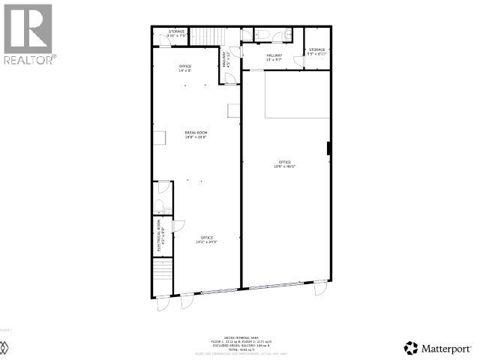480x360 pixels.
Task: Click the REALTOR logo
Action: pyautogui.click(x=28, y=33)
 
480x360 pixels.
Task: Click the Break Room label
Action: pyautogui.click(x=196, y=134)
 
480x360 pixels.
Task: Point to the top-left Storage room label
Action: pyautogui.click(x=176, y=33)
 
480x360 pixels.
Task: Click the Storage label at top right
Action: pyautogui.click(x=317, y=52)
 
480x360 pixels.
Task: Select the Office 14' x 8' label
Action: pyautogui.click(x=185, y=68)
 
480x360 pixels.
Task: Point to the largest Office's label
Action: pyautogui.click(x=284, y=164)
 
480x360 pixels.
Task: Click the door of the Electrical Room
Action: pyautogui.click(x=178, y=226)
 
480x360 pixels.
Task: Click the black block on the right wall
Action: pyautogui.click(x=329, y=148)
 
